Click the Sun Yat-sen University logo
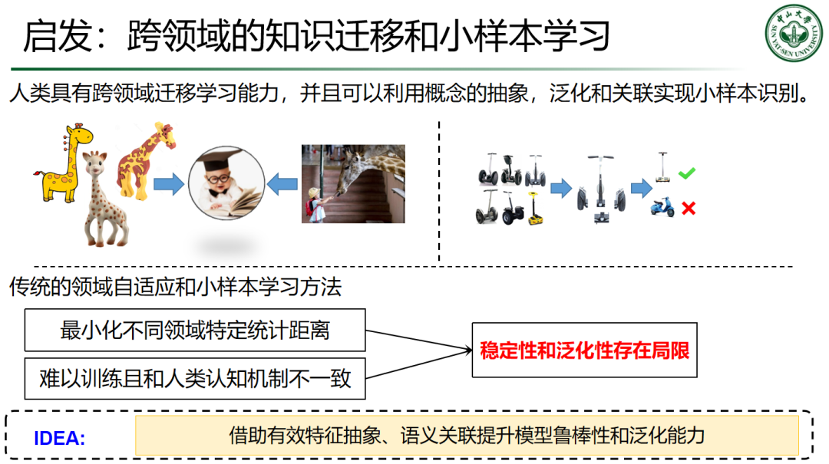[x=793, y=33]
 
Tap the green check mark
[x=687, y=174]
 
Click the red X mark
[x=689, y=207]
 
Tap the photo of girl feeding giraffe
[x=352, y=183]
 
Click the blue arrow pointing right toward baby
[x=169, y=184]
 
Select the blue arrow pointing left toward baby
[x=282, y=184]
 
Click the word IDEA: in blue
[x=59, y=439]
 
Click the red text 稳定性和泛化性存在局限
[x=584, y=350]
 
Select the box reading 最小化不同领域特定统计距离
[x=195, y=330]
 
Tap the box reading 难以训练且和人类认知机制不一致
[x=195, y=378]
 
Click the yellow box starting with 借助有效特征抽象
[x=467, y=436]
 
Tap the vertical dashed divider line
[x=440, y=192]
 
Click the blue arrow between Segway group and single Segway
[x=561, y=188]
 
